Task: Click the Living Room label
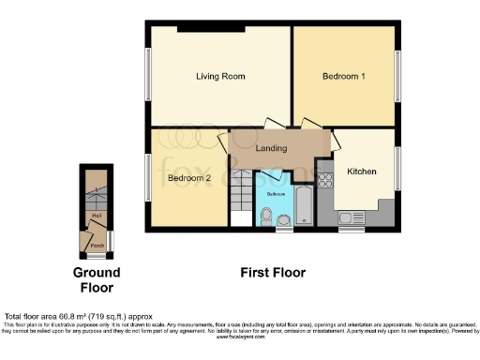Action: (214, 76)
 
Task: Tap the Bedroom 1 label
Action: (343, 76)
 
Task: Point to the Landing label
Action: (271, 148)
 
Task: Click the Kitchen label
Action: (362, 172)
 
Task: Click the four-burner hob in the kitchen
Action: (325, 181)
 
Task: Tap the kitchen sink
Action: (347, 218)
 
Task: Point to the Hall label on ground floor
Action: (96, 215)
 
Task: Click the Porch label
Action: (96, 247)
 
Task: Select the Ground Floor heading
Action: (97, 280)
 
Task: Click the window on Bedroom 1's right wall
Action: (398, 76)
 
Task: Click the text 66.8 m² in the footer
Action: (90, 317)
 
